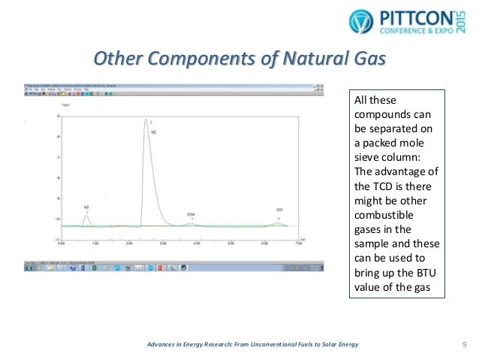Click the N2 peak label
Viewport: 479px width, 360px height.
click(x=153, y=132)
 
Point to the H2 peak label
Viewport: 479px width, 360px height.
click(x=86, y=205)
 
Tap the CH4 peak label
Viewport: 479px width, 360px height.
click(x=191, y=214)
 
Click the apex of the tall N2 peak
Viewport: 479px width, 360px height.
click(x=146, y=119)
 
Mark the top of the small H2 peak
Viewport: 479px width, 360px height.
click(x=87, y=215)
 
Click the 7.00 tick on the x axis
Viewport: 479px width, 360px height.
click(x=298, y=244)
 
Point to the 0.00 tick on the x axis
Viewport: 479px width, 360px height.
click(x=63, y=244)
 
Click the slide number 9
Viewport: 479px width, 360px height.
click(x=464, y=344)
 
